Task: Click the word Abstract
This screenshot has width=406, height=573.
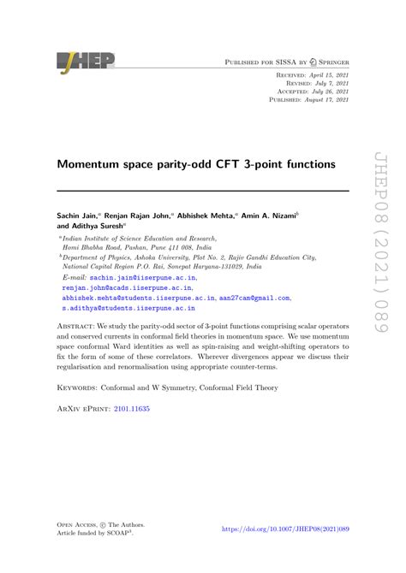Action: [79, 326]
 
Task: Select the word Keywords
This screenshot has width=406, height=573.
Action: [81, 387]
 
